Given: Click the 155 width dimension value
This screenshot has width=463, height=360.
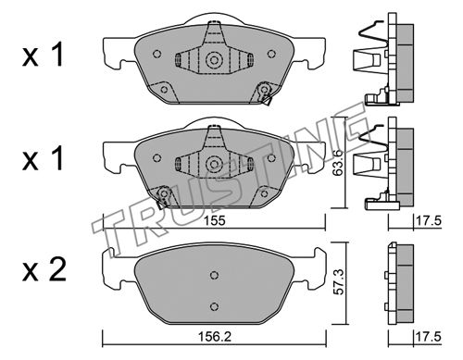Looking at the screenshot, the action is [x=215, y=221].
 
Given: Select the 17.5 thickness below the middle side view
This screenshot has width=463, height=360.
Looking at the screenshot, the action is [x=429, y=221].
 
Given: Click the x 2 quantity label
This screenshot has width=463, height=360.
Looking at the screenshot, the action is [x=44, y=270].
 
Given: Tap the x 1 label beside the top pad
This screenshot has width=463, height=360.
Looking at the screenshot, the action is [x=43, y=55].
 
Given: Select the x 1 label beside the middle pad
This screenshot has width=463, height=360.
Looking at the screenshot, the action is [x=43, y=158].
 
